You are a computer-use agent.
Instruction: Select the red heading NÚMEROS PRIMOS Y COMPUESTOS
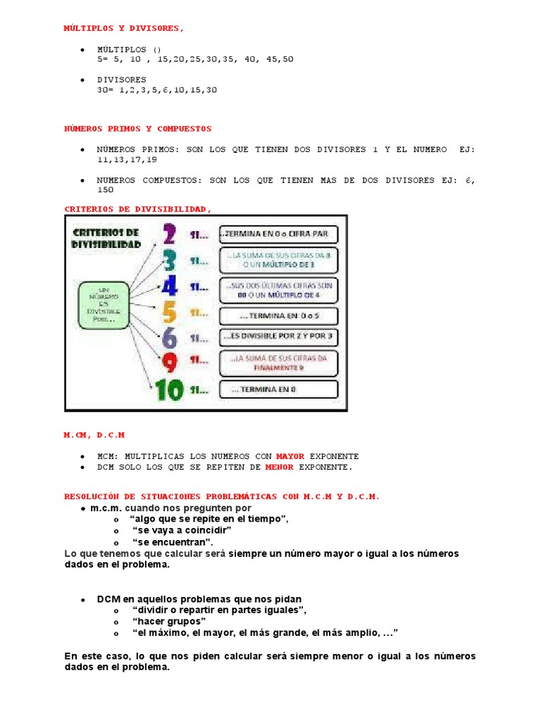click(137, 129)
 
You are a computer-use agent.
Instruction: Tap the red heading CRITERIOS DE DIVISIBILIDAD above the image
click(137, 208)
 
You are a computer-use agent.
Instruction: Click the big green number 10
click(170, 389)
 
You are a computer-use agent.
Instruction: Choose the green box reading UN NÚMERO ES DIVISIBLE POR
click(104, 304)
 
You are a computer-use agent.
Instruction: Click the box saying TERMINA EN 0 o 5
click(279, 316)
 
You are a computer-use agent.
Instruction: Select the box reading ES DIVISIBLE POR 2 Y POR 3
click(279, 337)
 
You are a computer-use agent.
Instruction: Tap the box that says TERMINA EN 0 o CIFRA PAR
click(279, 234)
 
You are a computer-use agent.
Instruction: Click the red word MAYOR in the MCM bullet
click(290, 456)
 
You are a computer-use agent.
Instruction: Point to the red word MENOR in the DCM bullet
click(280, 467)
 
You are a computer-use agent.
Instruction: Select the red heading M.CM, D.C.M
click(94, 436)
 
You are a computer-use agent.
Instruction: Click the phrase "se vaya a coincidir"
click(182, 529)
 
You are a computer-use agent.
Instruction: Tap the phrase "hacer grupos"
click(169, 621)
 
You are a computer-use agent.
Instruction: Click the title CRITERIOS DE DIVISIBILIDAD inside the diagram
click(105, 238)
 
